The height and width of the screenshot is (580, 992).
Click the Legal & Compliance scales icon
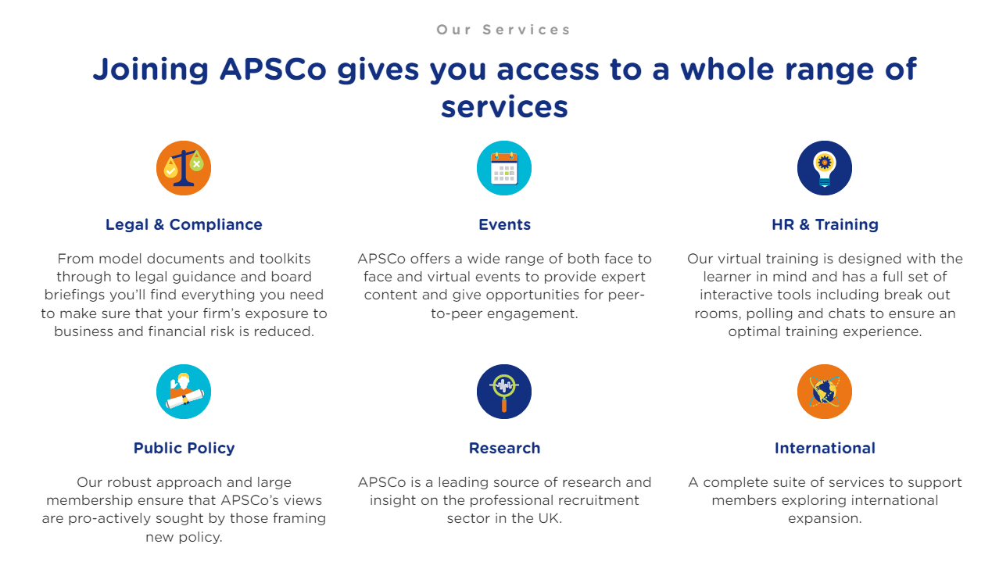184,168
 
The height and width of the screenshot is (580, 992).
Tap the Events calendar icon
504,168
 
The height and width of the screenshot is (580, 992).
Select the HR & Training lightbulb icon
825,168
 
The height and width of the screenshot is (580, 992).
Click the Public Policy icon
184,392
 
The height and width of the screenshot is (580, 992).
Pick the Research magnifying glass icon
504,392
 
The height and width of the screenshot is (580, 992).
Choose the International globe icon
825,392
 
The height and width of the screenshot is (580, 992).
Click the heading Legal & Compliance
184,224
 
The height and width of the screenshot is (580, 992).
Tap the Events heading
504,224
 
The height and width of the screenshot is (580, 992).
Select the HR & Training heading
825,224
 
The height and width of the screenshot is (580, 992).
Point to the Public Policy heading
184,448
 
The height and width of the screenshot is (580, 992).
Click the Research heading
504,448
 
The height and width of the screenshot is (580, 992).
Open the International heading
825,448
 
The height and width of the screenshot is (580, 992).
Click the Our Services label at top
504,30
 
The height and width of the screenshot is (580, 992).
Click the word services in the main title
504,106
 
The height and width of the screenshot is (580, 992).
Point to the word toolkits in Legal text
281,259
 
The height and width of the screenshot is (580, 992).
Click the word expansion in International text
825,518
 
